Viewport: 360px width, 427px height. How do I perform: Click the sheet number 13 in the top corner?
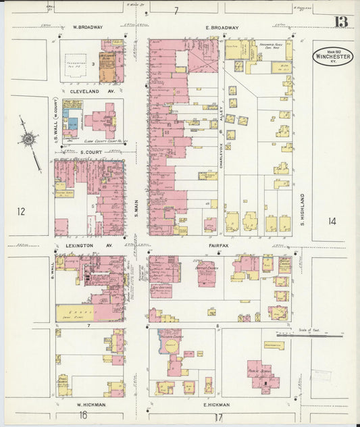tap(341, 22)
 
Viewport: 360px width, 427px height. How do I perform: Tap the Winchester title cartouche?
tap(332, 56)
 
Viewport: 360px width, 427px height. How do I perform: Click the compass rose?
tap(29, 140)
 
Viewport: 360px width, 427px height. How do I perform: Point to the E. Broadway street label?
tap(222, 28)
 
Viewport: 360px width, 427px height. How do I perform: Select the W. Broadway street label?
tap(88, 28)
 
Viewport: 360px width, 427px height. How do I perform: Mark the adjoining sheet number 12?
tap(21, 212)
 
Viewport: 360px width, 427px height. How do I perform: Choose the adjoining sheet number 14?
tap(332, 221)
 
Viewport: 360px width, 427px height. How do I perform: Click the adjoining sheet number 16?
tap(83, 416)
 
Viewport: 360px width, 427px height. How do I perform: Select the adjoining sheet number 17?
tap(217, 417)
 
